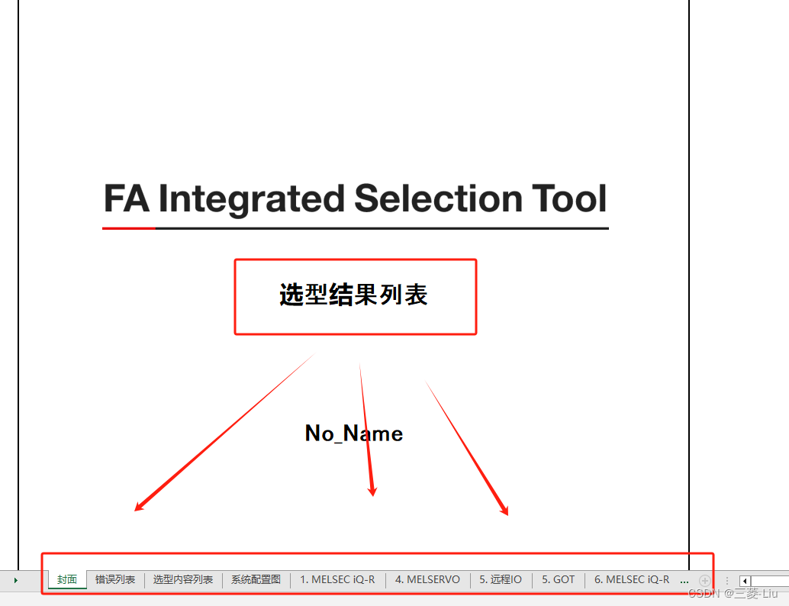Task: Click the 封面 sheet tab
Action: (x=67, y=580)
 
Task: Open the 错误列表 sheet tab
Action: (x=115, y=580)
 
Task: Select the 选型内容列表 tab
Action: (x=183, y=580)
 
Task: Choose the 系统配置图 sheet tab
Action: (x=256, y=580)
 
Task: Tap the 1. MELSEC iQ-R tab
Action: (x=337, y=580)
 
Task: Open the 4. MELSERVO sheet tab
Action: (x=427, y=580)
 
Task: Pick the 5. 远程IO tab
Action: (x=501, y=580)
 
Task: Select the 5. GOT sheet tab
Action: (x=559, y=580)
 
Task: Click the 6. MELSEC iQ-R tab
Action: (x=632, y=580)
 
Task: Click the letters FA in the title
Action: (x=126, y=199)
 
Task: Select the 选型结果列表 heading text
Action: (x=354, y=295)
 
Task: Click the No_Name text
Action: (x=354, y=434)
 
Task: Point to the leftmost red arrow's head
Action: (x=138, y=508)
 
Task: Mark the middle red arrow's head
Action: (x=372, y=492)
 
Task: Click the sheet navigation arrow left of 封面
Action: (x=15, y=581)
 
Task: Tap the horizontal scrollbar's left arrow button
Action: (x=745, y=581)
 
